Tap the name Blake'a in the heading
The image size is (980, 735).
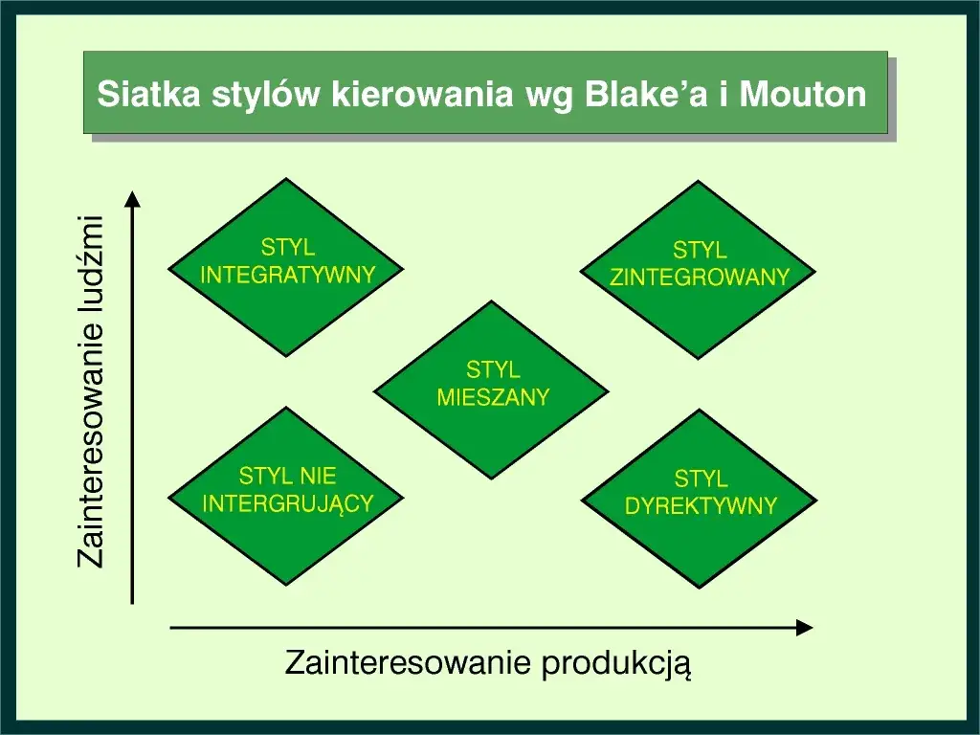coord(652,95)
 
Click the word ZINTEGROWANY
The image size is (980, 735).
coord(700,278)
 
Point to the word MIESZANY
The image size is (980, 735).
coord(493,397)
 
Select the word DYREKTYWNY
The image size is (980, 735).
coord(701,506)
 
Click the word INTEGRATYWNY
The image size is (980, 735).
coord(287,276)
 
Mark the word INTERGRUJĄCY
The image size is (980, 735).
coord(287,503)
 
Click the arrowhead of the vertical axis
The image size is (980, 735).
coord(133,198)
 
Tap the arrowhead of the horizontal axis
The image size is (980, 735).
coord(805,628)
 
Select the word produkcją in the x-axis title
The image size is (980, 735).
coord(615,663)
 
